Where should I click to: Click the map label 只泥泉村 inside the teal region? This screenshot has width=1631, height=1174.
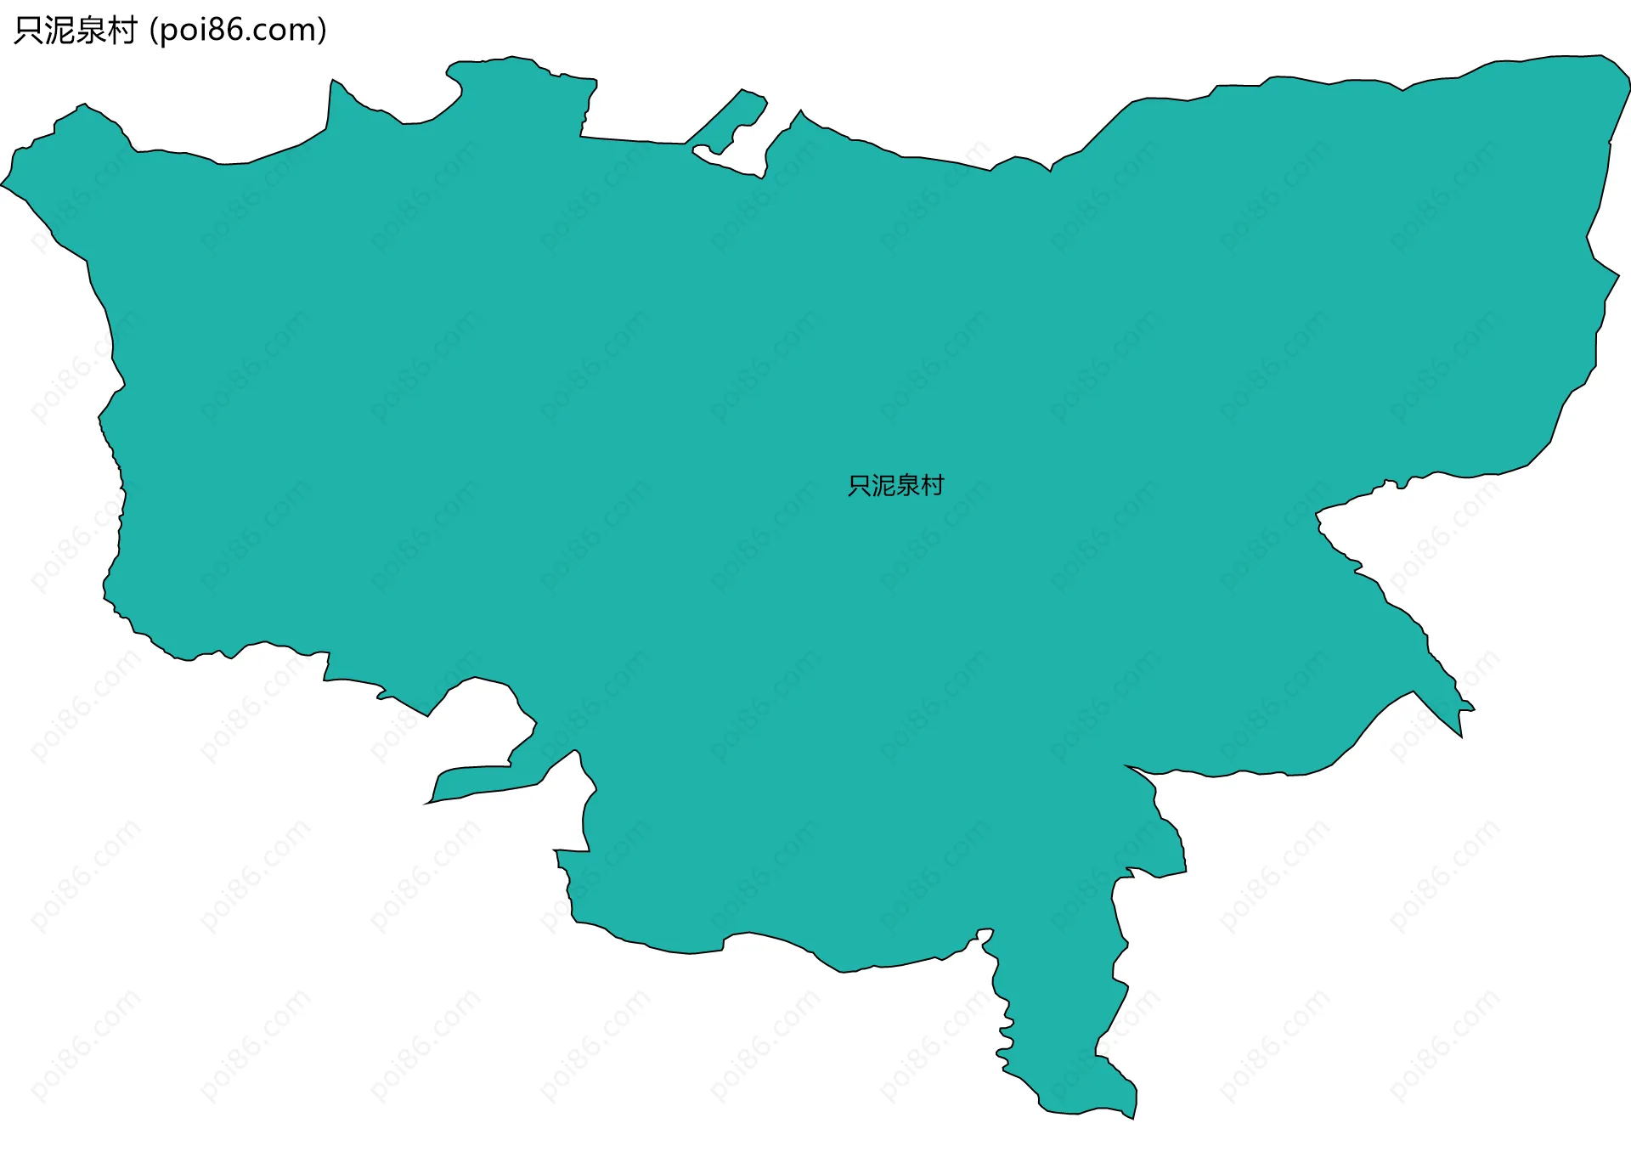(x=895, y=485)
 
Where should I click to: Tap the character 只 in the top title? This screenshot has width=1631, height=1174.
(x=29, y=31)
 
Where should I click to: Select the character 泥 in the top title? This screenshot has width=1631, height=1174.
(x=60, y=31)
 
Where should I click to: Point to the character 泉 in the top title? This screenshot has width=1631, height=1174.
(x=91, y=31)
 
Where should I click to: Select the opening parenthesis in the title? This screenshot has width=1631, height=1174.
(x=153, y=31)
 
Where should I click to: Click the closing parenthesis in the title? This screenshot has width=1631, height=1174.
(x=322, y=31)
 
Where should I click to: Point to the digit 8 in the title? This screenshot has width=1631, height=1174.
(x=217, y=31)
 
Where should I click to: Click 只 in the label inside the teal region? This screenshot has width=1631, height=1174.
(x=860, y=485)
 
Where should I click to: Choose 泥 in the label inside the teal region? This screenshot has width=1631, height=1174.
(x=883, y=485)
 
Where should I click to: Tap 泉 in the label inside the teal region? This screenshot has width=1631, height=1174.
(x=907, y=485)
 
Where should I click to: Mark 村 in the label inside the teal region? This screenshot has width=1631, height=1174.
(x=932, y=485)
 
